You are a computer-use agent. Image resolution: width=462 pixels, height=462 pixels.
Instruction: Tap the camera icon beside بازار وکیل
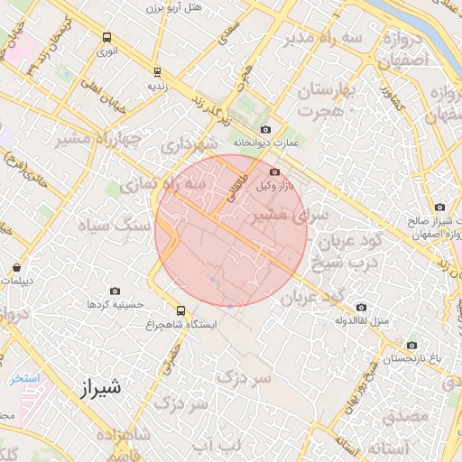(274, 171)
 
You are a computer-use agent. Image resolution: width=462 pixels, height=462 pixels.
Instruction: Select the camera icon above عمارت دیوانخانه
(264, 129)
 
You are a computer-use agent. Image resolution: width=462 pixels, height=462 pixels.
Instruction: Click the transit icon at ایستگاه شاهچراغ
(181, 310)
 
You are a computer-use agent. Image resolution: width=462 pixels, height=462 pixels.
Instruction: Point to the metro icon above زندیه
(157, 72)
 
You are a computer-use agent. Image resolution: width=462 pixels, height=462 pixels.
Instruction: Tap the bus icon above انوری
(107, 38)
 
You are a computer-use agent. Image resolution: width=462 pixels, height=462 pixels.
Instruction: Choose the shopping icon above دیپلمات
(18, 267)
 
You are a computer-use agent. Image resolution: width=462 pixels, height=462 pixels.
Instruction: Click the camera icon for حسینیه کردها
(115, 291)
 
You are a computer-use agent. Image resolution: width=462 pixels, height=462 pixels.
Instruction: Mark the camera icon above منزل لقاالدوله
(361, 307)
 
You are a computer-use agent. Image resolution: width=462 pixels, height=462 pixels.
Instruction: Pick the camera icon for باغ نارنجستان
(412, 345)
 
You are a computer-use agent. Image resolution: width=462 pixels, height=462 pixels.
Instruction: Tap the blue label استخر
(24, 378)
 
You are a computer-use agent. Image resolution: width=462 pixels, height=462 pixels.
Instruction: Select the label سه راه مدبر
(325, 38)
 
